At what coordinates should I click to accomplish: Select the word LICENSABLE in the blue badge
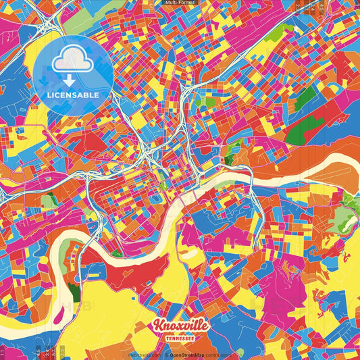(73, 95)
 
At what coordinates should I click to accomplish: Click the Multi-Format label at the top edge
(179, 3)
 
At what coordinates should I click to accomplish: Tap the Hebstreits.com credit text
(145, 354)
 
